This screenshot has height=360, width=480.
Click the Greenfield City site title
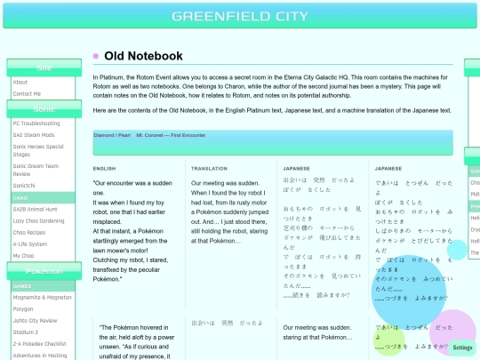point(240,16)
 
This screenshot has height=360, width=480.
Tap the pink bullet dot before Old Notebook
point(96,56)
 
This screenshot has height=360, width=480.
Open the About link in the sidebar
point(20,82)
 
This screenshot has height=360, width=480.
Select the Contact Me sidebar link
point(27,93)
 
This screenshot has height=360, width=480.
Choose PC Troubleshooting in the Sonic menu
point(36,124)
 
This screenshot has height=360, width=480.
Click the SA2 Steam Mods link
point(34,134)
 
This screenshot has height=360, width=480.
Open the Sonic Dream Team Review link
point(36,170)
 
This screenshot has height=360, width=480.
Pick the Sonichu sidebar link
point(24,185)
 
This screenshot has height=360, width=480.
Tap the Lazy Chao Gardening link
point(38,220)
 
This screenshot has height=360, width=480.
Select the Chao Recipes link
point(29,232)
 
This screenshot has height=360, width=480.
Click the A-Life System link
point(30,244)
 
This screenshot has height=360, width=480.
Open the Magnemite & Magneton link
point(42,298)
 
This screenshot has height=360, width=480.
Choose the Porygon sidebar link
point(24,309)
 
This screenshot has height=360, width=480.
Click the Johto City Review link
point(36,321)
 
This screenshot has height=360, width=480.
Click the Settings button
point(462,348)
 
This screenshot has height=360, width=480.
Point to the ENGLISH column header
point(104,168)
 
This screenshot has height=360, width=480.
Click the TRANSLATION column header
point(209,168)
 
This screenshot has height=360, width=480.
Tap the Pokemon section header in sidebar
point(44,270)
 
